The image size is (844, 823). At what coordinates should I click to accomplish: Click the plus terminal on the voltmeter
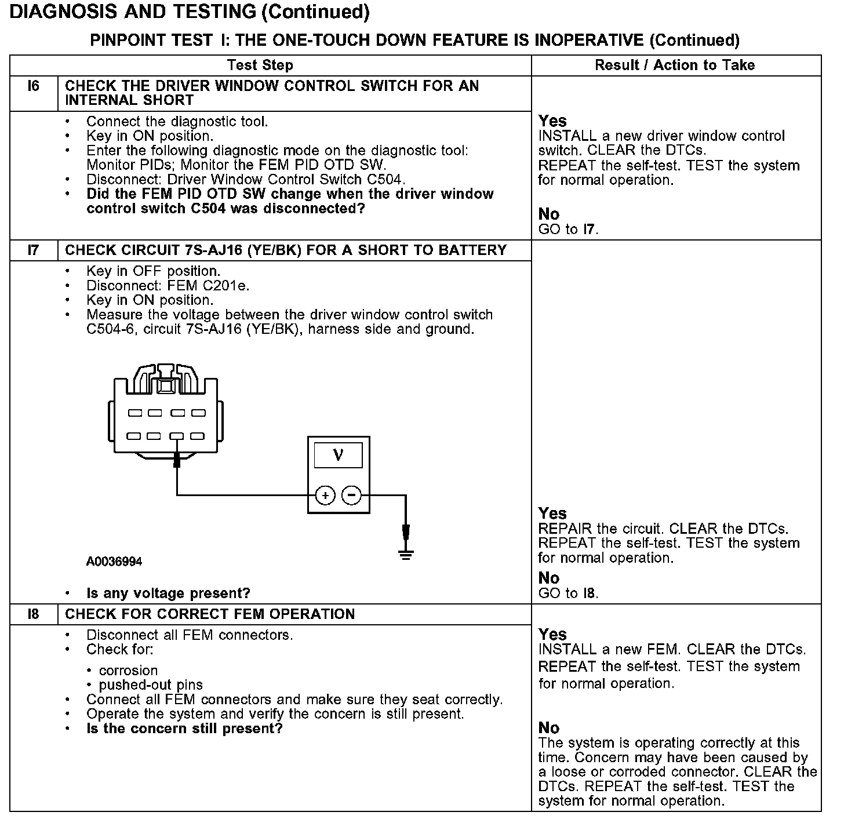click(x=325, y=496)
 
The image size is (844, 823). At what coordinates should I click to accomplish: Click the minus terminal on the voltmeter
click(x=352, y=496)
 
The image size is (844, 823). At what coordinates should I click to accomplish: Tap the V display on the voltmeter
click(x=339, y=456)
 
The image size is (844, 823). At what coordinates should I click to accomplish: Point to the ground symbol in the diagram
click(x=406, y=555)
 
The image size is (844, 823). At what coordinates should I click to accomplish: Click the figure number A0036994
click(x=114, y=562)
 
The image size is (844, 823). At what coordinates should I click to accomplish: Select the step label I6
click(x=34, y=86)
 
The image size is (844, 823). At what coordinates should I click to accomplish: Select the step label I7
click(x=34, y=250)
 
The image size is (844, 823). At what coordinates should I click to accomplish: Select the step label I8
click(x=34, y=614)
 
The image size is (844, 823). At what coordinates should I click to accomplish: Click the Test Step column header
click(x=260, y=65)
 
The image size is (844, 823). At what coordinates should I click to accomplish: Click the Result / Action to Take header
click(x=675, y=65)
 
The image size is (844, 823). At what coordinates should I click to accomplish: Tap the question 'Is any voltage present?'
click(x=168, y=593)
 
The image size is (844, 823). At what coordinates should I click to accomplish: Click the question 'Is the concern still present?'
click(x=184, y=729)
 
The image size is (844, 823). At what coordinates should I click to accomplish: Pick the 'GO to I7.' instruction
click(x=568, y=230)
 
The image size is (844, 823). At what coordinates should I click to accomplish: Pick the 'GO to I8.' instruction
click(x=568, y=593)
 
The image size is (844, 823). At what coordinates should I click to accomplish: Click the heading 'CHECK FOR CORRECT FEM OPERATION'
click(x=210, y=614)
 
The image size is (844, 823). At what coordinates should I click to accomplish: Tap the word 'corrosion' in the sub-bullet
click(x=128, y=671)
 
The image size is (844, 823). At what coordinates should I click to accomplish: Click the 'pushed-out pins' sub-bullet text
click(x=151, y=685)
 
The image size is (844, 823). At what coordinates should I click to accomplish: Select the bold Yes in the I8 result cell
click(x=552, y=634)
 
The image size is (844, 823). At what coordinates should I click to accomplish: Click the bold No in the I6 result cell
click(x=549, y=214)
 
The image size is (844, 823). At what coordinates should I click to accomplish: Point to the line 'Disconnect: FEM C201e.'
click(x=168, y=286)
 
